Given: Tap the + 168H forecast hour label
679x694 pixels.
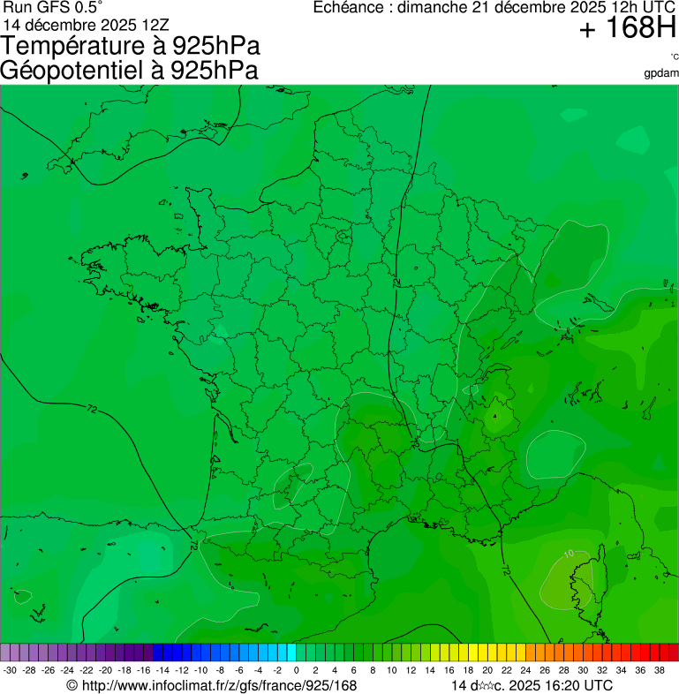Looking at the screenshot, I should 627,29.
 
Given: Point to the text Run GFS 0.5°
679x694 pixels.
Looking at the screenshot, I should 53,8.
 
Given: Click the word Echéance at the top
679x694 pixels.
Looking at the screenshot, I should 352,8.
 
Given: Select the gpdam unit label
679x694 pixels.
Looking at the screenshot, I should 661,72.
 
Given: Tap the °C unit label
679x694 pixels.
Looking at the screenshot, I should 674,57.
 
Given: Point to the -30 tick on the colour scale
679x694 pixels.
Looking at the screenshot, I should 10,670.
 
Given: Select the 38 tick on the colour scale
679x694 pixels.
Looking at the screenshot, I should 660,670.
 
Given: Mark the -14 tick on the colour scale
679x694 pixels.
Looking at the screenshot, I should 162,670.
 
